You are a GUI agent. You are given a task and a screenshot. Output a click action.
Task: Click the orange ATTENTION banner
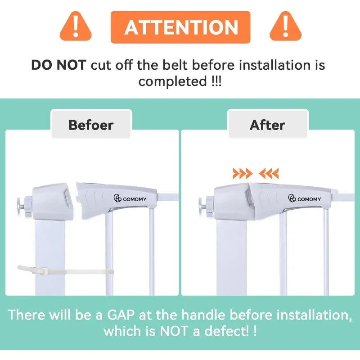click(180, 27)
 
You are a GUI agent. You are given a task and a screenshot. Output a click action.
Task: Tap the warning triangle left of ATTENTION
click(76, 27)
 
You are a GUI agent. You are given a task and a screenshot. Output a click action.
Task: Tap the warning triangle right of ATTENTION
click(285, 27)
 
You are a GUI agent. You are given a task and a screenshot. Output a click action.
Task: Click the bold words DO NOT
click(59, 65)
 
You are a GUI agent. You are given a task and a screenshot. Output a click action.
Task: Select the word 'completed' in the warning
click(173, 81)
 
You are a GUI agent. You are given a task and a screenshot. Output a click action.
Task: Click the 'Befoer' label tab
click(91, 124)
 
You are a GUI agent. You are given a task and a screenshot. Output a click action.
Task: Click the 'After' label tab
click(268, 124)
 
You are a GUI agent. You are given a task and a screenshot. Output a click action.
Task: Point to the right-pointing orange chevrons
click(243, 173)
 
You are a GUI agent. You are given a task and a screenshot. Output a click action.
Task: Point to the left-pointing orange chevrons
click(269, 173)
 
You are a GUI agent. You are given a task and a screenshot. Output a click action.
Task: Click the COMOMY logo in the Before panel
click(130, 198)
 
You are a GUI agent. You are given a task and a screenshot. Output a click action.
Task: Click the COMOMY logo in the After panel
click(305, 198)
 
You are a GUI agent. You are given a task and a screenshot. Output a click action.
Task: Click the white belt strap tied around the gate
click(65, 270)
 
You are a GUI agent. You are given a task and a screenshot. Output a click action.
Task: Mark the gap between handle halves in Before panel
click(75, 198)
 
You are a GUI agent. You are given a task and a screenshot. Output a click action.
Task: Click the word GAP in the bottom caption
click(121, 315)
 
